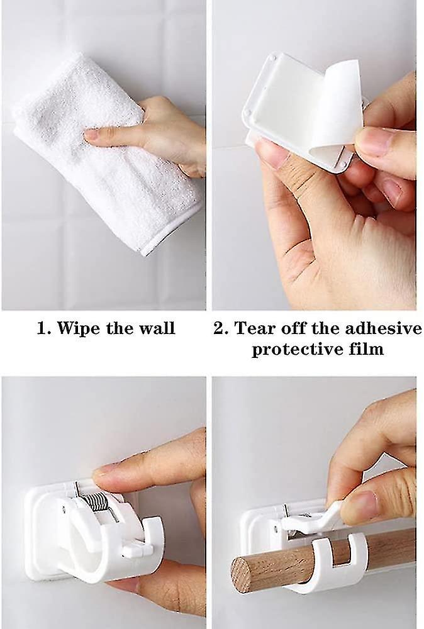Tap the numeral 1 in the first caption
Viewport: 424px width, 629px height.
41,328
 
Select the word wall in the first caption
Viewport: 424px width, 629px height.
157,328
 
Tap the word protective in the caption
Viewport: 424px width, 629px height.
290,349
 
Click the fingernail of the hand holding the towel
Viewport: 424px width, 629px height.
91,135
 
